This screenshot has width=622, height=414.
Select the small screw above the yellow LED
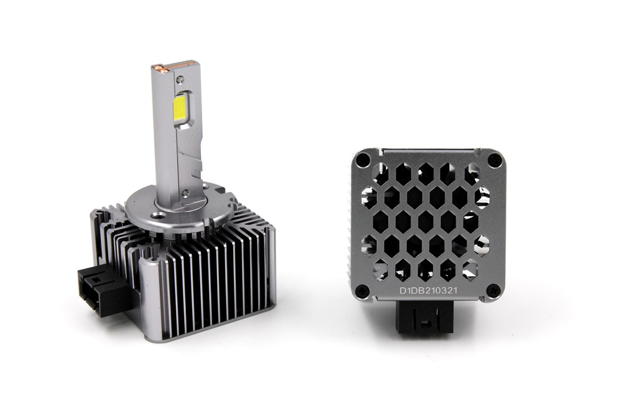point(180,79)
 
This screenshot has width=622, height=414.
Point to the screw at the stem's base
point(185,193)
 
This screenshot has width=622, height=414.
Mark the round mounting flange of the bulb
point(179,209)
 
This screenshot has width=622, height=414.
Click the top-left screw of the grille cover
point(361,160)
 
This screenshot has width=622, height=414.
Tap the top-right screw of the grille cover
point(494,160)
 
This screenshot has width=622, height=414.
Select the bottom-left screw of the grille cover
point(361,291)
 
